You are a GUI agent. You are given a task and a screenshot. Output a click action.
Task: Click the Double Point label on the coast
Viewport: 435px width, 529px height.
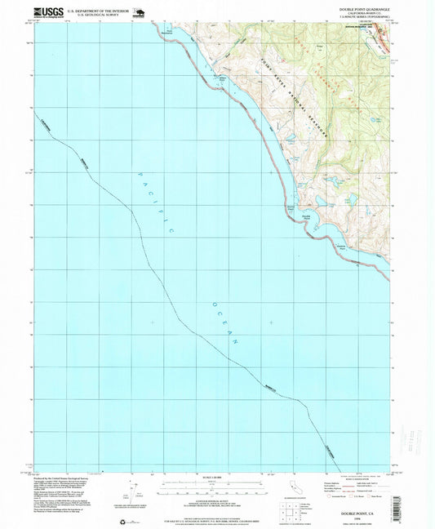(x=307, y=216)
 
